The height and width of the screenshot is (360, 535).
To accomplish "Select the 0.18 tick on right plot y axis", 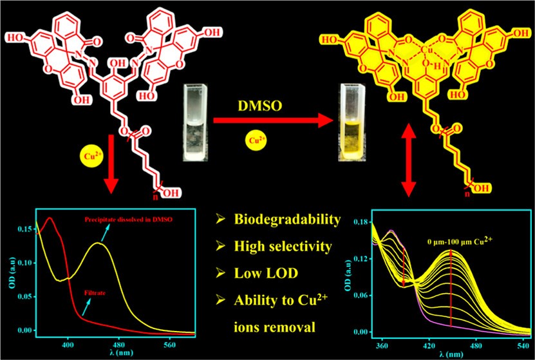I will tap(361, 222).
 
